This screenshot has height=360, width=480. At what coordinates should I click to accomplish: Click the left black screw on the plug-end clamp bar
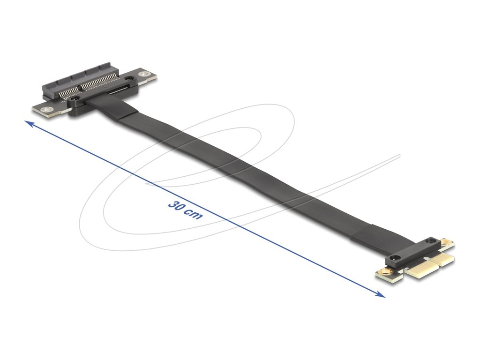(393, 259)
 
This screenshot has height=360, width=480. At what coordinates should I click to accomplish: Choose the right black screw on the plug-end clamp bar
(429, 242)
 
